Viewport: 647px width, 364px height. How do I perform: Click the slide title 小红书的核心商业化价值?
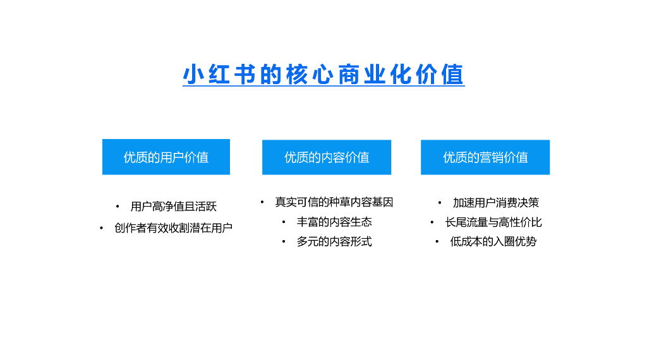point(323,75)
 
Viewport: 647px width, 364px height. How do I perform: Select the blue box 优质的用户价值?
point(166,157)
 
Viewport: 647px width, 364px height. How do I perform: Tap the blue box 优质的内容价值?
point(327,157)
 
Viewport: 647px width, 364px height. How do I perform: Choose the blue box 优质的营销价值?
point(485,157)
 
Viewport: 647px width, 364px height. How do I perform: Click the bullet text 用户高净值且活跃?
point(174,207)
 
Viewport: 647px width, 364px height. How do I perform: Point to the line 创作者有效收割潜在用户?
point(174,228)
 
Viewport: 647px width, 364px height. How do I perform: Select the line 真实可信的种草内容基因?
point(334,202)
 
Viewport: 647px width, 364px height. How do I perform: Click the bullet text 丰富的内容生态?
point(334,222)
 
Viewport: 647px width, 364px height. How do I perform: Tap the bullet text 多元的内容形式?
point(334,241)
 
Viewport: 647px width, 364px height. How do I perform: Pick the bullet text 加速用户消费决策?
point(496,203)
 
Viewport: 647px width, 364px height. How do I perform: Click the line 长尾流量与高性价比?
point(493,222)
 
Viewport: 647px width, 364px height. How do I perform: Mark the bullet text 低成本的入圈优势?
point(493,241)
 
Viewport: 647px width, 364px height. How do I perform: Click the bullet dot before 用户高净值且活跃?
point(118,207)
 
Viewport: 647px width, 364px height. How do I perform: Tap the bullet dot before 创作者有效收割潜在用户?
point(101,228)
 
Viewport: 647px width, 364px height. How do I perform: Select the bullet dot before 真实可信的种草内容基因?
point(262,202)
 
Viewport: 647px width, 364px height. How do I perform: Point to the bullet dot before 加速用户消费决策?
point(440,203)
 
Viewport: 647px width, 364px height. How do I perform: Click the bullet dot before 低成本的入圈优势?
point(437,241)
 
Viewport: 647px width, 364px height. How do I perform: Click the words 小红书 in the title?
point(219,75)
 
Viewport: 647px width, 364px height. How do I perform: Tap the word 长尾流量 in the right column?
point(466,222)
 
